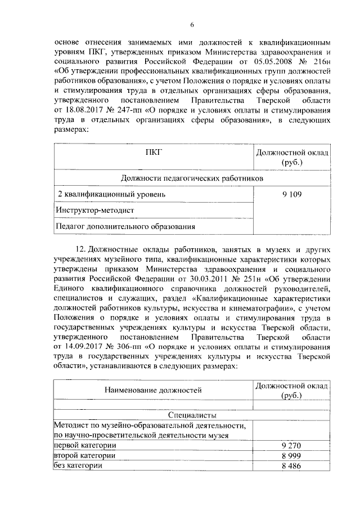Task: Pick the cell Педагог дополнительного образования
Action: (125, 227)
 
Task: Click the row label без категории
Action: (78, 465)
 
